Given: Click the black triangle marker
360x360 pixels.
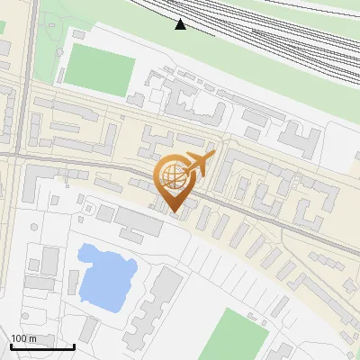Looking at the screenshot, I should pos(181,23).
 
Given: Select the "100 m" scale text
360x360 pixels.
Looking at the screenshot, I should pos(23,338).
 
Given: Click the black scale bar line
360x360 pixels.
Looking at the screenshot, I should pos(42,346).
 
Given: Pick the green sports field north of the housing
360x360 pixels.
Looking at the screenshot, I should pos(100,67).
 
